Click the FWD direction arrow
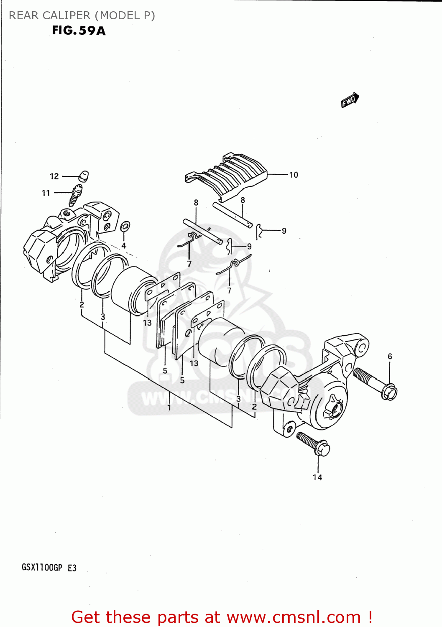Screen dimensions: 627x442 point(350,100)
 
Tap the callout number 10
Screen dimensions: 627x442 point(294,175)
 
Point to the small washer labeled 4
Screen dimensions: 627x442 point(125,227)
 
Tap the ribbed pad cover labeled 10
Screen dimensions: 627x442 point(228,175)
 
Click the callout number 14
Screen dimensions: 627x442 point(317,477)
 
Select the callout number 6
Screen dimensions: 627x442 point(390,357)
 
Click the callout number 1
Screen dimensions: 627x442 point(169,407)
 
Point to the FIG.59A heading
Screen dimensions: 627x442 point(79,31)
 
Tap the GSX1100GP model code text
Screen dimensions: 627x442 point(42,568)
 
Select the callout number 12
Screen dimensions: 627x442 point(54,176)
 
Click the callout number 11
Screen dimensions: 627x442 point(46,193)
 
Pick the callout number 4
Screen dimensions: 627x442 point(124,246)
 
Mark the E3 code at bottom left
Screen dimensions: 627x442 point(72,568)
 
